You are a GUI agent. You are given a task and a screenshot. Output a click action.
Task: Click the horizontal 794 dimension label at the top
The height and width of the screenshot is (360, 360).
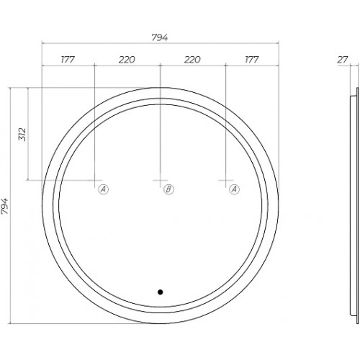point(160,37)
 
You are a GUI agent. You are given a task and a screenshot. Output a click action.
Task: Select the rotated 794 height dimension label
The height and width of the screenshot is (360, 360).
point(4,206)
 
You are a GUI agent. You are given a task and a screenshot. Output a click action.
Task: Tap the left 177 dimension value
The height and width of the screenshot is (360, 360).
point(68,59)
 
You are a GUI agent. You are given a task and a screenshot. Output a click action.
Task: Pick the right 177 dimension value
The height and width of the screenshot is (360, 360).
point(252,59)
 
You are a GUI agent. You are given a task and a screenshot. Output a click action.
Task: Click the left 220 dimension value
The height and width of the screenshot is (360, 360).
point(127,60)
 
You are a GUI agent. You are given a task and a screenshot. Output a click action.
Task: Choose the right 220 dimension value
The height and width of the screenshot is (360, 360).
point(192,60)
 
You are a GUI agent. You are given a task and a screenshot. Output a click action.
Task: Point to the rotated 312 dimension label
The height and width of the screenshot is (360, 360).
point(22,135)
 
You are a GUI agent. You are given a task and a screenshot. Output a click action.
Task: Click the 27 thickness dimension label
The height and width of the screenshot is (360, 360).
point(343,60)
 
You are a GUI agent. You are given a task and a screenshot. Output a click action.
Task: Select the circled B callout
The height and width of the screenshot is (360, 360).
point(168,189)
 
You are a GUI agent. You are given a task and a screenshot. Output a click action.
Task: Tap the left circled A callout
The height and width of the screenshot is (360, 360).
point(103,189)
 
